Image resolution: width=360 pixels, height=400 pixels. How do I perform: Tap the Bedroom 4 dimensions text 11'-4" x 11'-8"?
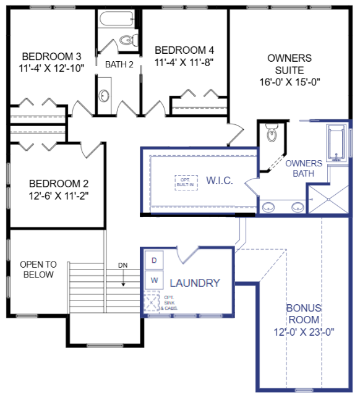point(184,62)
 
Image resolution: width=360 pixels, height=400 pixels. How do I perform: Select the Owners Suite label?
point(289,58)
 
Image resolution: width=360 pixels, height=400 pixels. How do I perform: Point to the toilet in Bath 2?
point(127,41)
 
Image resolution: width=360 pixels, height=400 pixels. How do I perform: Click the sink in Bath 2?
point(104,96)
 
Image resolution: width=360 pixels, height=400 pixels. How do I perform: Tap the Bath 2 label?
point(119,64)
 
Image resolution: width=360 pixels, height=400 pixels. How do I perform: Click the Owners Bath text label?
point(303,168)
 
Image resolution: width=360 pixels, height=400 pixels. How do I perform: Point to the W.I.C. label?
point(219,181)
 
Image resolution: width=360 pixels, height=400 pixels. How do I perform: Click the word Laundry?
point(195,283)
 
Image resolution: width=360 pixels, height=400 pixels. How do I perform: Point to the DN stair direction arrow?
point(123,276)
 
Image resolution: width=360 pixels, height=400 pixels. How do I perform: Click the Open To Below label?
point(38,269)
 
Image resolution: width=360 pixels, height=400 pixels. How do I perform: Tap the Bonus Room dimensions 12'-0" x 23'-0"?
point(303,331)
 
